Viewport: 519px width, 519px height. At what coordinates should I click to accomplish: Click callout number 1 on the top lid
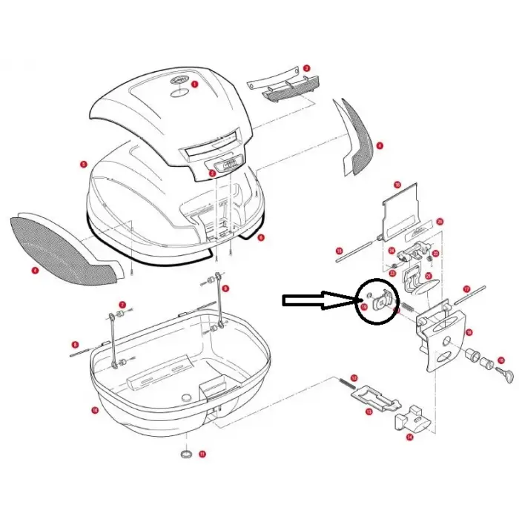pyautogui.click(x=195, y=85)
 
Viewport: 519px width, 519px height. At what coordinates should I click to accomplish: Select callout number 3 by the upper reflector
pyautogui.click(x=305, y=68)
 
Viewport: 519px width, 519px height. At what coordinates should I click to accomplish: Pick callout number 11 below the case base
pyautogui.click(x=202, y=454)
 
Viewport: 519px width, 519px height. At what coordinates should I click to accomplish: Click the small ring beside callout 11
pyautogui.click(x=185, y=453)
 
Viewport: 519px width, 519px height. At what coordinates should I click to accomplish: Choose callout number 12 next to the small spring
pyautogui.click(x=354, y=378)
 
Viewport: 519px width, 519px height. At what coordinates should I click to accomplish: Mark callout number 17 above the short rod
pyautogui.click(x=467, y=288)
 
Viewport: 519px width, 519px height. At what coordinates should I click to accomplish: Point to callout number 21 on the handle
pyautogui.click(x=429, y=276)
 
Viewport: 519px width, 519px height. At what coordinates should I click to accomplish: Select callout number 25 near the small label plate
pyautogui.click(x=440, y=221)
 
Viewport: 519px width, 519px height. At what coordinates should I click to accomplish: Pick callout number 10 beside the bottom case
pyautogui.click(x=95, y=410)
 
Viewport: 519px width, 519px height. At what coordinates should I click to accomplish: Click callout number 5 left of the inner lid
pyautogui.click(x=84, y=163)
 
